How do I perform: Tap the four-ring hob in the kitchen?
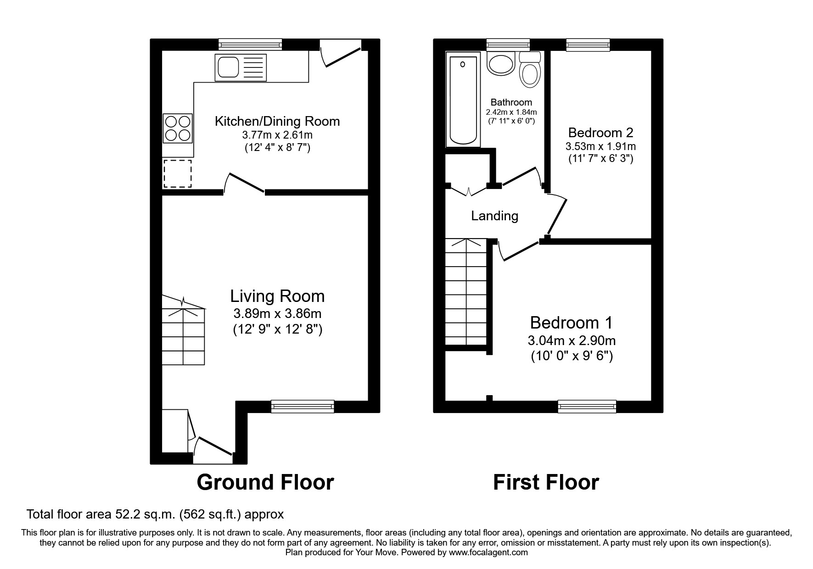[178, 128]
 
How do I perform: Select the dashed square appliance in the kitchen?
[178, 173]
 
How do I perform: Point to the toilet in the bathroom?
[530, 70]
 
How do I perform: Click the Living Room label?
[277, 296]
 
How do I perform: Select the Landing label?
[494, 216]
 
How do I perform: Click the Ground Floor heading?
[265, 482]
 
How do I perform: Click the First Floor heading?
[546, 482]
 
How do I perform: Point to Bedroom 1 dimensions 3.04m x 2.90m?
[572, 340]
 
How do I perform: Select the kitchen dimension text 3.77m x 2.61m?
[277, 135]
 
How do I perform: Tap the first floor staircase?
[466, 294]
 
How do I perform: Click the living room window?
[303, 405]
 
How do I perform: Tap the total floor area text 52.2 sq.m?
[155, 514]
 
